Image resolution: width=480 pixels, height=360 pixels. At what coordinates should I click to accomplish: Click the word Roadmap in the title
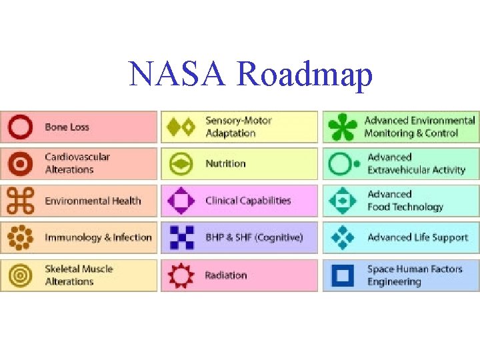(305, 75)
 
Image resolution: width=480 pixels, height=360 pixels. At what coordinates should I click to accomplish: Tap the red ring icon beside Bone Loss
(21, 127)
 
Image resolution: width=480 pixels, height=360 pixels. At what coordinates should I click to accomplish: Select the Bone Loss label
(67, 127)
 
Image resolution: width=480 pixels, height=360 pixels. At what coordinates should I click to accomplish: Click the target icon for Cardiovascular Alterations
(21, 163)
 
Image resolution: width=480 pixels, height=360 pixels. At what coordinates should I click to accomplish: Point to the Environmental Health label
(93, 201)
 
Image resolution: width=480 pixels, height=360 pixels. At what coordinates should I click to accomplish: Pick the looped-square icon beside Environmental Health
(21, 201)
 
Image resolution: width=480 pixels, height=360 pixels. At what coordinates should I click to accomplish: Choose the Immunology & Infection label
(98, 237)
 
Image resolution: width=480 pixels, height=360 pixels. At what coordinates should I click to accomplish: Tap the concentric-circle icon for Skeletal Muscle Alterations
(21, 275)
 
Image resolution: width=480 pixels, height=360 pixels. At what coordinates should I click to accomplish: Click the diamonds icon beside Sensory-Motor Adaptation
(181, 127)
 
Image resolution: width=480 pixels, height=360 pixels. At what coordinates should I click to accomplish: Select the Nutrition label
(225, 163)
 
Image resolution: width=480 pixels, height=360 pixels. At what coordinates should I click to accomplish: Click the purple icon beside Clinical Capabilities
(181, 201)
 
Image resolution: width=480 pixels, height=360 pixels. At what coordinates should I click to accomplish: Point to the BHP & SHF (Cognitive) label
(254, 237)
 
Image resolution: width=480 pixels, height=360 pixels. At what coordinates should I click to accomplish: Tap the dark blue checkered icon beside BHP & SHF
(181, 237)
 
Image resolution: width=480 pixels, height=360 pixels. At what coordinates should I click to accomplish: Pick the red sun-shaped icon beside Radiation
(181, 275)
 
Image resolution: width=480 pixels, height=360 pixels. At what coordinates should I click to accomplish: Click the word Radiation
(226, 275)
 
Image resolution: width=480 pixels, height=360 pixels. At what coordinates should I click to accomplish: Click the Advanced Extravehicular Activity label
(416, 163)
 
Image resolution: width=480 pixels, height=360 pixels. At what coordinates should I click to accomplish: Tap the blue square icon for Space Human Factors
(343, 275)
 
